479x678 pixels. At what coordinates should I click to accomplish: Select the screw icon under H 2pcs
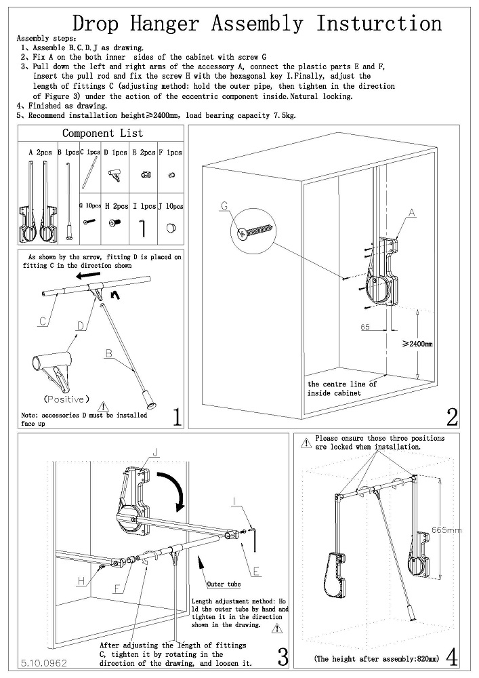116,222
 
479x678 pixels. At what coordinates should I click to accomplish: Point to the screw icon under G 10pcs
89,221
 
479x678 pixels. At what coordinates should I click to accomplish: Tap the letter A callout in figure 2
411,212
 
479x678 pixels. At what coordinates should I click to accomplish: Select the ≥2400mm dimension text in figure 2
417,344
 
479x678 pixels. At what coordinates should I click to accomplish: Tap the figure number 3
283,656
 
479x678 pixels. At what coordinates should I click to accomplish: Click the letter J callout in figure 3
156,452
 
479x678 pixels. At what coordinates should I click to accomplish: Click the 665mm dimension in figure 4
445,530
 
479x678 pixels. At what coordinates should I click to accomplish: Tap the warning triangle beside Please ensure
308,439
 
